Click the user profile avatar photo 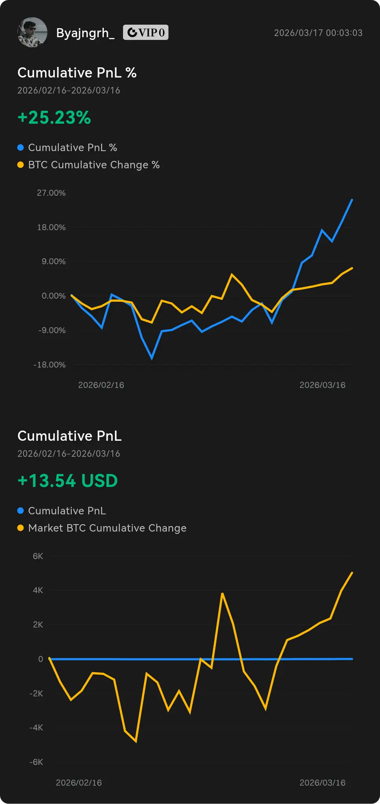(32, 32)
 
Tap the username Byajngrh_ (85, 33)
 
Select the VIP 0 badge (146, 32)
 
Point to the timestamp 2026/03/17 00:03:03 (318, 33)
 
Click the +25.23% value (54, 117)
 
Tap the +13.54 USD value (68, 481)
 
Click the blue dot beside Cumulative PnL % (21, 148)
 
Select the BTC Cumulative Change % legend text (94, 165)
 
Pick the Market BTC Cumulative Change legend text (107, 528)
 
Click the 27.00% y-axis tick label (51, 193)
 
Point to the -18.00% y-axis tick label (50, 365)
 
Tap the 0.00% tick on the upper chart (54, 296)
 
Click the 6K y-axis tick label (38, 556)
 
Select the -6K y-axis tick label (36, 762)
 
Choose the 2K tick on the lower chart (38, 625)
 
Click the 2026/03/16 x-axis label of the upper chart (322, 385)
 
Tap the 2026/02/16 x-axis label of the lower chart (79, 783)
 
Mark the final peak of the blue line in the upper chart (352, 200)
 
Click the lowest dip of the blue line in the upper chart (152, 358)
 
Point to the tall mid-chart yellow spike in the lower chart (222, 594)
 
